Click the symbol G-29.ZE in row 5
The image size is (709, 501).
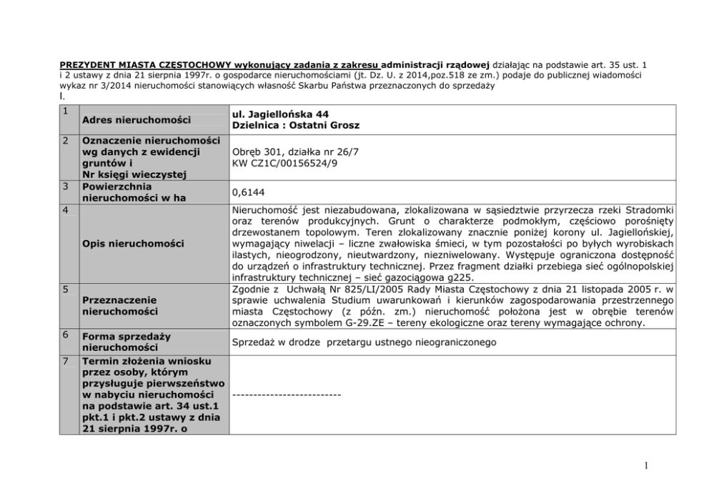[403, 323]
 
